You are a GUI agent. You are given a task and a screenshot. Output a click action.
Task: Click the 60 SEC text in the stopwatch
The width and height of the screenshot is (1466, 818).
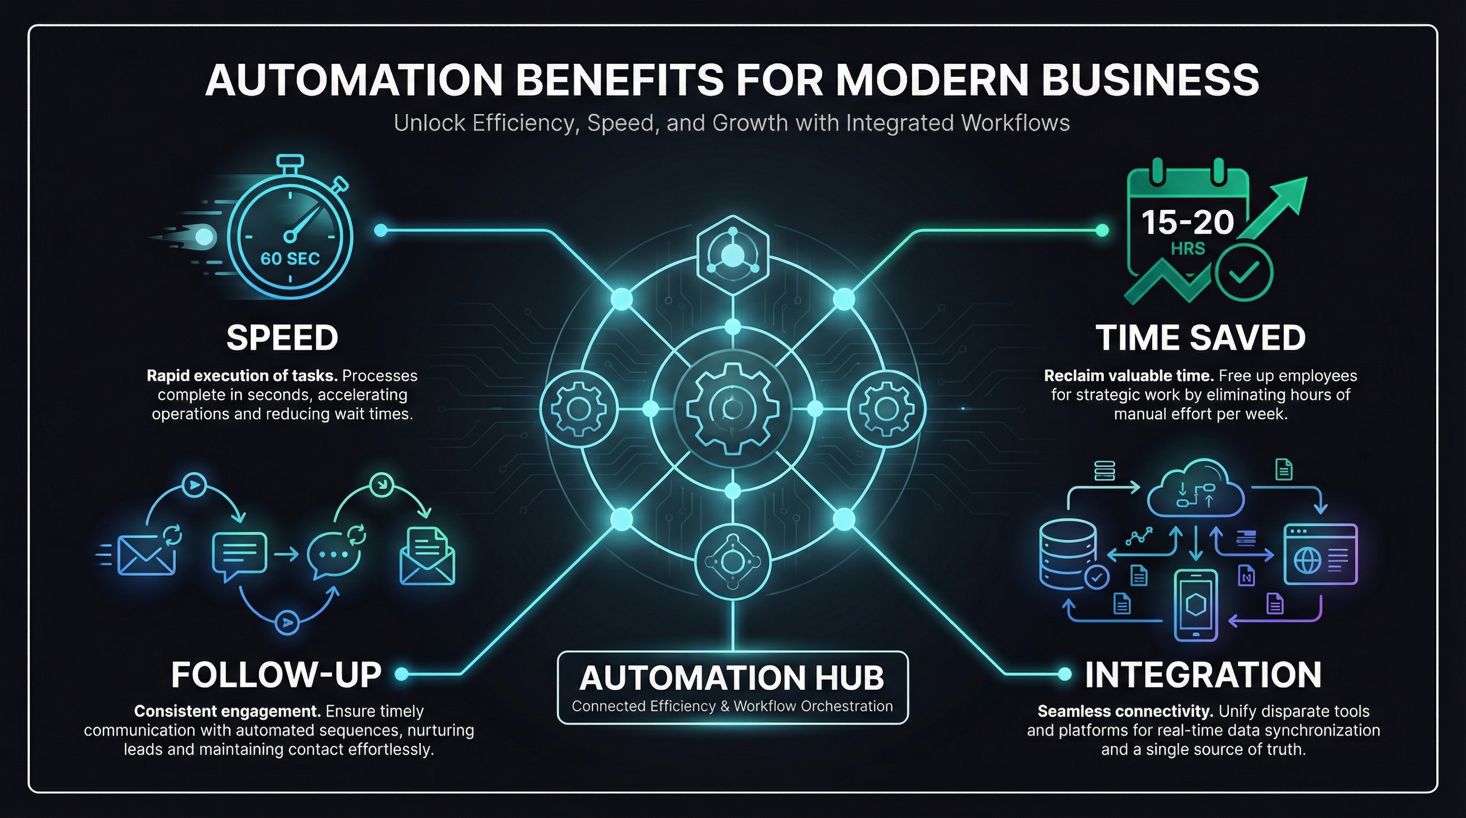290,258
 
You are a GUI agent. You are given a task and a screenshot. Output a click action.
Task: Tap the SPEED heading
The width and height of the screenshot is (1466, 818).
282,337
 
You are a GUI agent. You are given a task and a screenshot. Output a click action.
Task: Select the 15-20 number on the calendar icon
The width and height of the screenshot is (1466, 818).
1187,222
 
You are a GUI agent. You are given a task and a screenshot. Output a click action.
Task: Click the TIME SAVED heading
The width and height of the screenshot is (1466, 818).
1200,337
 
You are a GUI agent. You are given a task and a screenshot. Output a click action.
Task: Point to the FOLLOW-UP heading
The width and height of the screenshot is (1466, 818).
276,675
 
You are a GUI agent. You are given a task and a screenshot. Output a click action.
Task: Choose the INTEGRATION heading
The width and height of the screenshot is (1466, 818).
1202,675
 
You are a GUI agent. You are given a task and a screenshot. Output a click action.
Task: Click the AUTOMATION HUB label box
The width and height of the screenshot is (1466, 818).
732,687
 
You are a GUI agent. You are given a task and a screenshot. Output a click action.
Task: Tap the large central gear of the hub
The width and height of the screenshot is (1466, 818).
732,408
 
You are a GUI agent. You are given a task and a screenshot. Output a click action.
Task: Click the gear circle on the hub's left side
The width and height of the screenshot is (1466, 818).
579,408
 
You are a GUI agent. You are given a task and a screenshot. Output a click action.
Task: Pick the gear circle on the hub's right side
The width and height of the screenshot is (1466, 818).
886,408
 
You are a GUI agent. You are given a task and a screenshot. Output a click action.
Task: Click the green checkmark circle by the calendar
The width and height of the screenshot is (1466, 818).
1244,273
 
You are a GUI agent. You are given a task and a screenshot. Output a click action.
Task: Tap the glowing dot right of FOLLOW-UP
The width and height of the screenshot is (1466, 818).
401,674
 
